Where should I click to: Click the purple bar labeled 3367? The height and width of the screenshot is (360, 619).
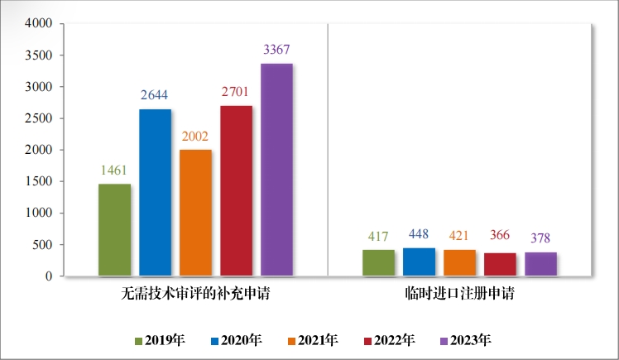[x=276, y=170]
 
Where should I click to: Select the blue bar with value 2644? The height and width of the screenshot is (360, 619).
[x=155, y=192]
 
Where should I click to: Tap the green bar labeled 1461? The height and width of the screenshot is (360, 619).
[x=114, y=229]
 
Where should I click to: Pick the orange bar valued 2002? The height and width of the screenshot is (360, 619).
[x=195, y=213]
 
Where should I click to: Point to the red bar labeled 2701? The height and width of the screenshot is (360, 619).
[x=236, y=190]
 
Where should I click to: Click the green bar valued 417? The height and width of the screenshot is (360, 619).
[x=378, y=262]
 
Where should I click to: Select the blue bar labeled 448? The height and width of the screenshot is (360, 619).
[x=419, y=262]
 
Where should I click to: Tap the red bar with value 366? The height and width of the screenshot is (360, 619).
[x=500, y=264]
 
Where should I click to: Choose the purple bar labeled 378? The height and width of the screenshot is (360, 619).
[x=540, y=264]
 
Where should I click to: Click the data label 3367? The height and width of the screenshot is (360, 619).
[x=276, y=50]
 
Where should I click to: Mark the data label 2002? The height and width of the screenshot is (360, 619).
[x=195, y=137]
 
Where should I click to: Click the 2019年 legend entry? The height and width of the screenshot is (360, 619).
[x=161, y=340]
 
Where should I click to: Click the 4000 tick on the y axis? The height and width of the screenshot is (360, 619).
[x=40, y=24]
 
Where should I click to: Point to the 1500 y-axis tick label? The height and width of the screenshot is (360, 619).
[x=40, y=181]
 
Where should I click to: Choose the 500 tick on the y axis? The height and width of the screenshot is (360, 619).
[x=43, y=245]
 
